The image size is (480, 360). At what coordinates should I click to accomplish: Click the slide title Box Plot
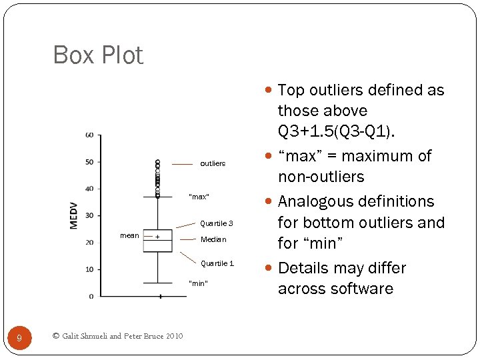(98, 55)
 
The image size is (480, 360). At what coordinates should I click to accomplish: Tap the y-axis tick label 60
(89, 135)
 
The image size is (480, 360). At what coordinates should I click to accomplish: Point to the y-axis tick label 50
(89, 162)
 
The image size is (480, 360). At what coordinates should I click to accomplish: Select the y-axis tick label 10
(89, 269)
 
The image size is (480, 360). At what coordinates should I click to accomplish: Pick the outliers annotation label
(213, 163)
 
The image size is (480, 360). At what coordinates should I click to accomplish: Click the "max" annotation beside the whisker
(199, 197)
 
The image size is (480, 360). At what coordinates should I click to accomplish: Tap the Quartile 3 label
(217, 223)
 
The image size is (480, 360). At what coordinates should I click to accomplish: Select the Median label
(213, 239)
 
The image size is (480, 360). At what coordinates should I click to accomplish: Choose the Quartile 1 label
(217, 263)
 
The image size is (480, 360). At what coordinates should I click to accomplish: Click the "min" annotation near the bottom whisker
(199, 283)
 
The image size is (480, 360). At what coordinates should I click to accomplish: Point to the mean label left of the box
(129, 235)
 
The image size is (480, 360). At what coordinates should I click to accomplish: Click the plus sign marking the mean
(157, 237)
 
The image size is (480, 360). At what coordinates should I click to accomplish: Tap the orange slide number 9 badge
(19, 339)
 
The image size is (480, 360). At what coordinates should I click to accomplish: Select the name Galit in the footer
(72, 336)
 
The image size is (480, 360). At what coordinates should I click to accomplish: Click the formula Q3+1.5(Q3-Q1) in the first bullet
(336, 131)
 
